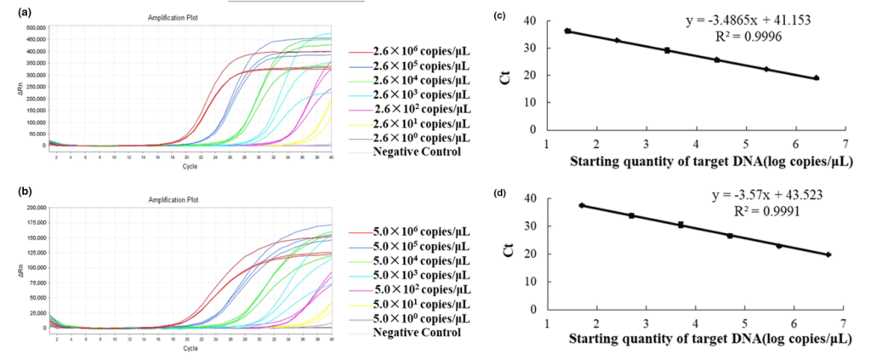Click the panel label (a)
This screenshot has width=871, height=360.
pyautogui.click(x=13, y=12)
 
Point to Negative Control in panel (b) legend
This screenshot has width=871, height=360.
pyautogui.click(x=417, y=332)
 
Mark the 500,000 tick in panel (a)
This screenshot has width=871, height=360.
pyautogui.click(x=33, y=27)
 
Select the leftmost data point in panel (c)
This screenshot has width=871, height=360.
pyautogui.click(x=567, y=31)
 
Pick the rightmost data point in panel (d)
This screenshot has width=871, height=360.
pyautogui.click(x=828, y=254)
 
